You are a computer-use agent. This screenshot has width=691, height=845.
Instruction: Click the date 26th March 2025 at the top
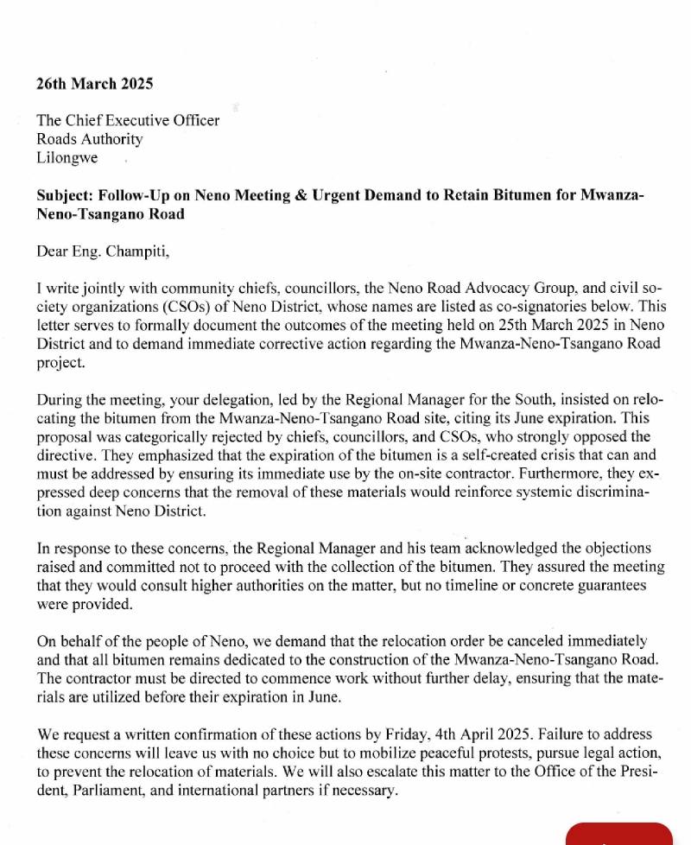(x=94, y=84)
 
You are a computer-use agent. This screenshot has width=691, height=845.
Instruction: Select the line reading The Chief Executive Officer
(x=127, y=120)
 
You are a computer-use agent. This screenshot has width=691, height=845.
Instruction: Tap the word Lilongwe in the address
(x=67, y=158)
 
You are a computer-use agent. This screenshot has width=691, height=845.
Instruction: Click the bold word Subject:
(x=66, y=195)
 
